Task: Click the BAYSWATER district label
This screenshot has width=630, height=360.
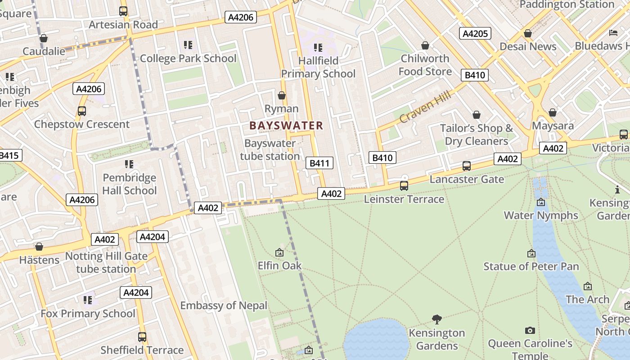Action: pyautogui.click(x=286, y=126)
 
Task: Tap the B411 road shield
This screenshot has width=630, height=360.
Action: pyautogui.click(x=319, y=163)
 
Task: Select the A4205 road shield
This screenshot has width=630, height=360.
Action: pyautogui.click(x=475, y=33)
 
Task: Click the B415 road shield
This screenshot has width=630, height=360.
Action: pyautogui.click(x=9, y=156)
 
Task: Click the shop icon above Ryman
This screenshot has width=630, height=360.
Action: pyautogui.click(x=282, y=95)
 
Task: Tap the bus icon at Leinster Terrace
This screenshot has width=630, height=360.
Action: pyautogui.click(x=404, y=185)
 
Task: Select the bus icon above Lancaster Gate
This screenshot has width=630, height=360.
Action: pyautogui.click(x=467, y=166)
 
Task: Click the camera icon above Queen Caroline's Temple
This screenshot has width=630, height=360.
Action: pyautogui.click(x=530, y=330)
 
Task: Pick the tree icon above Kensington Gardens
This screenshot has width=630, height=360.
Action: pyautogui.click(x=436, y=319)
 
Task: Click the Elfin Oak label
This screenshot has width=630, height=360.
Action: pyautogui.click(x=279, y=265)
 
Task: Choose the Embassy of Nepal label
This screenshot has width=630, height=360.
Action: pyautogui.click(x=224, y=306)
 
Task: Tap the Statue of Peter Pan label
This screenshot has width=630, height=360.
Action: pyautogui.click(x=531, y=266)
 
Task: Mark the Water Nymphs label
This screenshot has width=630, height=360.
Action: pyautogui.click(x=540, y=215)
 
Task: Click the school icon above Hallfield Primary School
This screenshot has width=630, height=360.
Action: pyautogui.click(x=318, y=47)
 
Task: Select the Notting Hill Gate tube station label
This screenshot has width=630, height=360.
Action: pyautogui.click(x=106, y=263)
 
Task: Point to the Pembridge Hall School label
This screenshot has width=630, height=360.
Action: pyautogui.click(x=130, y=184)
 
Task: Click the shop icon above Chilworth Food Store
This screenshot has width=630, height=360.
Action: pyautogui.click(x=425, y=45)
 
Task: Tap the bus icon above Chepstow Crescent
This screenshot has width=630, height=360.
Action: pyautogui.click(x=81, y=111)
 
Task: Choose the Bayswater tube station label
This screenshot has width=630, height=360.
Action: pyautogui.click(x=270, y=150)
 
